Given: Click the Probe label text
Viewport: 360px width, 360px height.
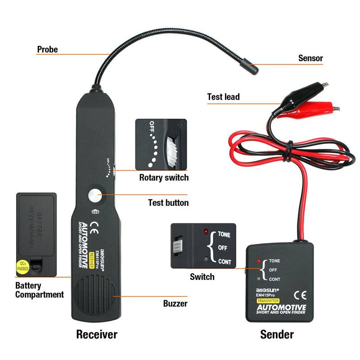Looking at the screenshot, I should tap(47, 49).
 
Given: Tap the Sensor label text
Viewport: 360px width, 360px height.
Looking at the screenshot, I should tap(310, 58).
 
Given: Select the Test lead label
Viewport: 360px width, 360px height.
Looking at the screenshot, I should tap(223, 97).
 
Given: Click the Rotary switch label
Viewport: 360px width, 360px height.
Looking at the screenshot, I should tap(164, 177).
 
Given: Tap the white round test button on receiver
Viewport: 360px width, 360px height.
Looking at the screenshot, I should tap(95, 196).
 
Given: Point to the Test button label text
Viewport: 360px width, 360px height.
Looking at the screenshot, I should tap(168, 203).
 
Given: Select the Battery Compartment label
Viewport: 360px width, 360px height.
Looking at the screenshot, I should tap(40, 290).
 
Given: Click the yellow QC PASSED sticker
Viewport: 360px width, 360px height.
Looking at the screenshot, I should tap(22, 266).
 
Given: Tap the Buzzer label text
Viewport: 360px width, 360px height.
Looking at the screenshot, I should tap(175, 304).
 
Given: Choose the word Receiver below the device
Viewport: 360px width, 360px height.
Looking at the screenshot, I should tap(96, 334).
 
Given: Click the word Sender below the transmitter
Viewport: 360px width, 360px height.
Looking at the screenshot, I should tap(277, 334).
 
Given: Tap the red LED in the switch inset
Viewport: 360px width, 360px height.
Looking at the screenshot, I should tap(205, 232).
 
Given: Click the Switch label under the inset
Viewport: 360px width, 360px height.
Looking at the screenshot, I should tap(202, 276).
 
